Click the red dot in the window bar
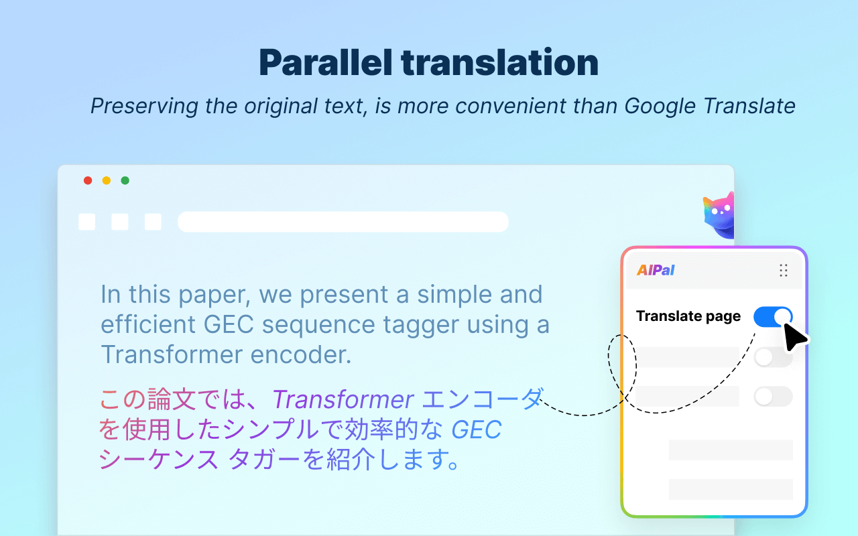click(88, 180)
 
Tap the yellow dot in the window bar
click(107, 180)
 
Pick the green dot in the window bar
click(125, 180)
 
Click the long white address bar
click(343, 222)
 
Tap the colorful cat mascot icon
click(718, 214)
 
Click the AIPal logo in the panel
click(656, 270)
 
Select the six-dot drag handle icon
click(783, 270)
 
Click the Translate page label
click(688, 316)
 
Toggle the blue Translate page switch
click(772, 317)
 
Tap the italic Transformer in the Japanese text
click(343, 400)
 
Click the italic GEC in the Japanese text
click(477, 430)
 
